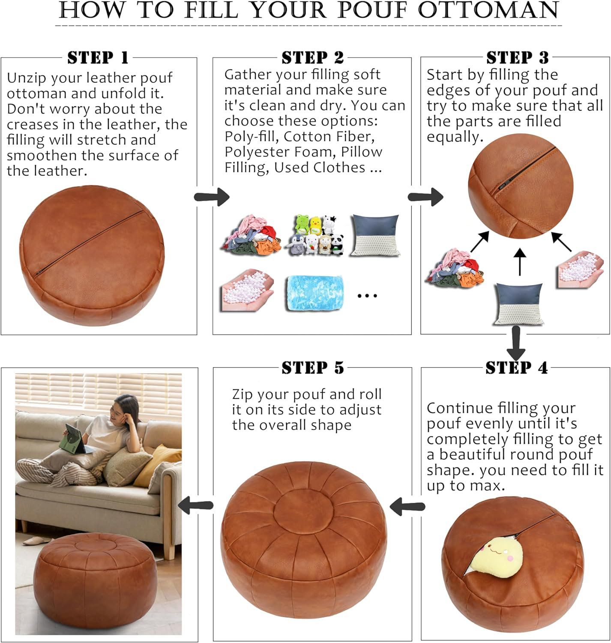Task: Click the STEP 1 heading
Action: pyautogui.click(x=98, y=57)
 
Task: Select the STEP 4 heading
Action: pyautogui.click(x=516, y=368)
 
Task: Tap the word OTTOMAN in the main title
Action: pyautogui.click(x=488, y=10)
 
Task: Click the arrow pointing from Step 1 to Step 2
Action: pyautogui.click(x=212, y=197)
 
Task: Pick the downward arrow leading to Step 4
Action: pyautogui.click(x=516, y=343)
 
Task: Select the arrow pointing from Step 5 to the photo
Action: pyautogui.click(x=196, y=505)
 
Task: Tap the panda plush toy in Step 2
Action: pyautogui.click(x=337, y=245)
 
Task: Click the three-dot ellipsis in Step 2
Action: pyautogui.click(x=367, y=295)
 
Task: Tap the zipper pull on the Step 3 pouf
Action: pyautogui.click(x=501, y=187)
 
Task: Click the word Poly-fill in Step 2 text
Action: pyautogui.click(x=252, y=136)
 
